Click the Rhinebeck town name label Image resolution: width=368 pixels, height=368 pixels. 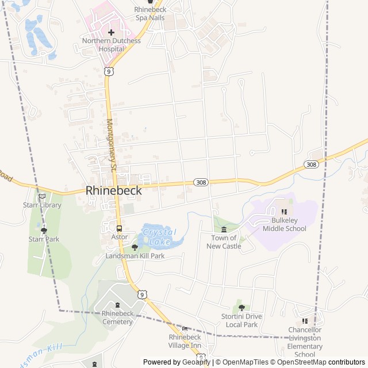tap(113, 190)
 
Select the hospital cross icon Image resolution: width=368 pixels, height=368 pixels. tap(111, 32)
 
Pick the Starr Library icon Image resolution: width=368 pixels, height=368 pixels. tap(42, 196)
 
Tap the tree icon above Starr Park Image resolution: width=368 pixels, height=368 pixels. tap(44, 230)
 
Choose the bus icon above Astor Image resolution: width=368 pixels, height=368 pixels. tap(119, 228)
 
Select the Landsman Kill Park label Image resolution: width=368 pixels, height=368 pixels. tap(135, 255)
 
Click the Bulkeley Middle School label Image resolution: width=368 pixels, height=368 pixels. tap(284, 224)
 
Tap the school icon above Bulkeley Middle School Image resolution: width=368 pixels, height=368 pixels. tap(283, 212)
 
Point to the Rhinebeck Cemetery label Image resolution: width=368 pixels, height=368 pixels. tap(117, 317)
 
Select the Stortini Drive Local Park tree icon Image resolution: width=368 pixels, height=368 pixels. tap(241, 308)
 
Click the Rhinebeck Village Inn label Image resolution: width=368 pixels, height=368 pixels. tap(185, 341)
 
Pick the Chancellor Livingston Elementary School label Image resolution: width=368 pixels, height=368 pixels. tap(305, 342)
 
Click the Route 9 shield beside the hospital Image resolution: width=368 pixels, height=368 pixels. tap(108, 71)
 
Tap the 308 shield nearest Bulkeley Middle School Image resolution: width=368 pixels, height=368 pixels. tap(311, 164)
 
